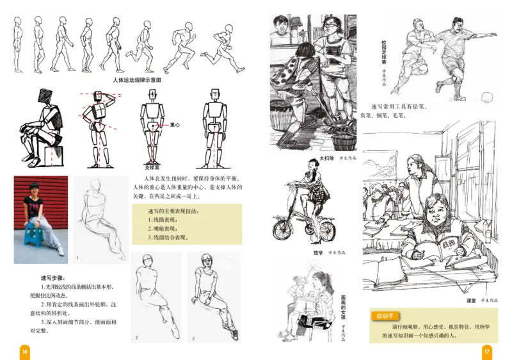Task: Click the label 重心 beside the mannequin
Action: pos(175,126)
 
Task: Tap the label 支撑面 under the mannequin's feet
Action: pos(153,168)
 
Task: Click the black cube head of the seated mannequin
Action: pos(47,96)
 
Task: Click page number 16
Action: pos(25,351)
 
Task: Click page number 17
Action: pos(486,351)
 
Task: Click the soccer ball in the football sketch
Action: pos(486,97)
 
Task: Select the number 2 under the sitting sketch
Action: pos(136,338)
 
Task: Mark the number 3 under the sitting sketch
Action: pos(194,338)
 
